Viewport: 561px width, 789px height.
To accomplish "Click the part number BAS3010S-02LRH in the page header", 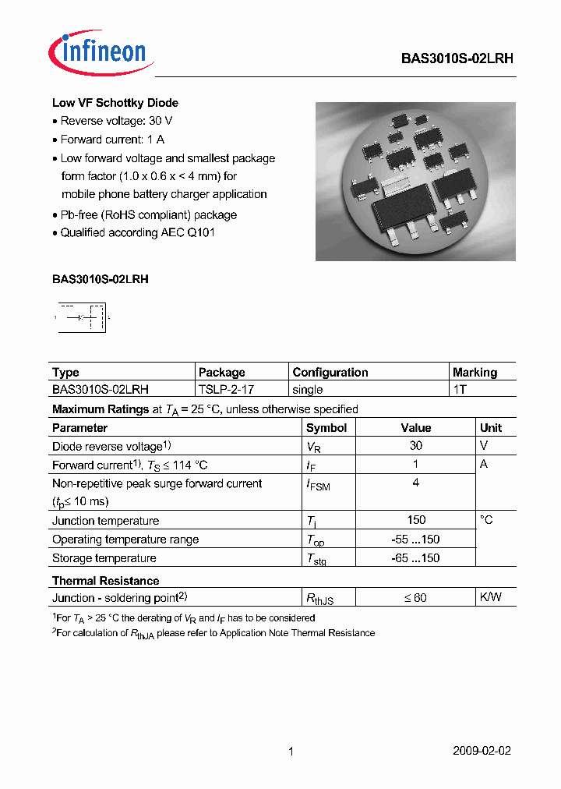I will tap(457, 58).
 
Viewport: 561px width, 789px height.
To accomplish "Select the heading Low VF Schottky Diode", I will tap(115, 103).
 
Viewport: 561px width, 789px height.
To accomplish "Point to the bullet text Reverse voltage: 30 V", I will tap(116, 121).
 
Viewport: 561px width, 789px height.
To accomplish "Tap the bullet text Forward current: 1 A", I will tap(112, 140).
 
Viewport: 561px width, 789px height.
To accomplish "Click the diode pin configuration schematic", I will tap(82, 317).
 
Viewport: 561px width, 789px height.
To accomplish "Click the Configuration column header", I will tap(330, 373).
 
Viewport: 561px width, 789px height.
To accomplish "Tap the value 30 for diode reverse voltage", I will tap(416, 446).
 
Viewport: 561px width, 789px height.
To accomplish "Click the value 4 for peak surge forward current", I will tap(416, 483).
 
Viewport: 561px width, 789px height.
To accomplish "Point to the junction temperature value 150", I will tap(416, 521).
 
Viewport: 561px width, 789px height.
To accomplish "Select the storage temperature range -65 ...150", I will tap(416, 558).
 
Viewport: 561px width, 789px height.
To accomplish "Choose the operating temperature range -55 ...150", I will tap(416, 540).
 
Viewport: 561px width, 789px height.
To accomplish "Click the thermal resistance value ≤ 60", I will tap(415, 598).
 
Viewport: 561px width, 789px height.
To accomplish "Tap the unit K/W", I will tap(491, 598).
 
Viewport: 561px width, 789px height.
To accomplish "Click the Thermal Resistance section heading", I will tap(105, 581).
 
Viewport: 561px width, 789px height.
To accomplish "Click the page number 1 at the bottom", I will tap(291, 752).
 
